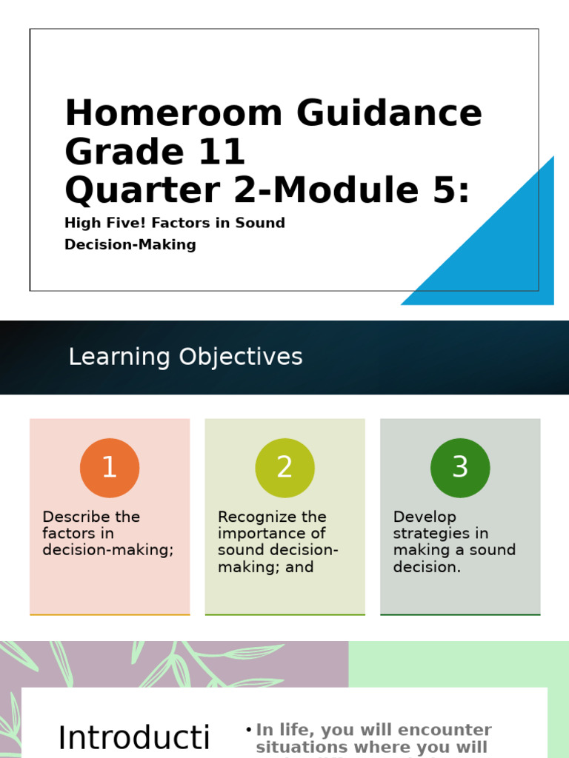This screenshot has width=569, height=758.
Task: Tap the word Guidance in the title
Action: (x=390, y=114)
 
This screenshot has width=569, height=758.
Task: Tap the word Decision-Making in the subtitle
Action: (x=130, y=244)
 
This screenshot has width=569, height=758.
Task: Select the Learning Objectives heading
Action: (x=185, y=357)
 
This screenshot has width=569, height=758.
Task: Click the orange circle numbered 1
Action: (x=110, y=468)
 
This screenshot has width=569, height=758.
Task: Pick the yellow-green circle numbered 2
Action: (x=284, y=468)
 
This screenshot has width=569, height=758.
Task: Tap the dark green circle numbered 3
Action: (x=460, y=468)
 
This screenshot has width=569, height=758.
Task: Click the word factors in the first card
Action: (x=67, y=534)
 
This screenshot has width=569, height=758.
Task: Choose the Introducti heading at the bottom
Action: (x=134, y=738)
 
